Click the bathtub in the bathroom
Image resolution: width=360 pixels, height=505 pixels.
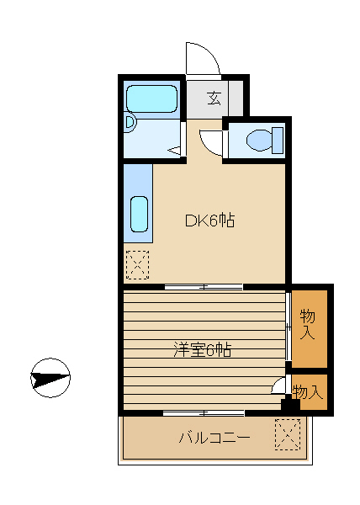coord(152,98)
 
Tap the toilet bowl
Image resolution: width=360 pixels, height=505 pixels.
coord(259,140)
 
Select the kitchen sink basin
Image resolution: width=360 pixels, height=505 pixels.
coord(140,214)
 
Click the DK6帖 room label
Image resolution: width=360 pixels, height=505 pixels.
coord(209,221)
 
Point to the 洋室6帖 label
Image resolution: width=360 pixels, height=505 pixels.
coord(203,350)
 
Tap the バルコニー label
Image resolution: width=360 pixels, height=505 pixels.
coord(214,438)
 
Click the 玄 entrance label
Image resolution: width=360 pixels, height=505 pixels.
coord(214,98)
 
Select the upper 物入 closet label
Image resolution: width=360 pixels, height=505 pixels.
coord(307,324)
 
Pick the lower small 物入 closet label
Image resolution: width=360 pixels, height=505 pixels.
coord(308,392)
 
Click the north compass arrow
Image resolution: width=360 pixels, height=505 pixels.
coord(50,378)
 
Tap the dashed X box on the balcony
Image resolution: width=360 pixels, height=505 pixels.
coord(288,434)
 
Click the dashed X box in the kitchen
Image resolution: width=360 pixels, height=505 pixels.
coord(138,265)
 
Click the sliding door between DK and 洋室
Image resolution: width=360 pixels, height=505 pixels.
coord(204,287)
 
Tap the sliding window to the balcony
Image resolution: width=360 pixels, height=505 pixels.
coord(204,412)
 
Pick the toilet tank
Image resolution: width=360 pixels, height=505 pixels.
coord(278,140)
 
